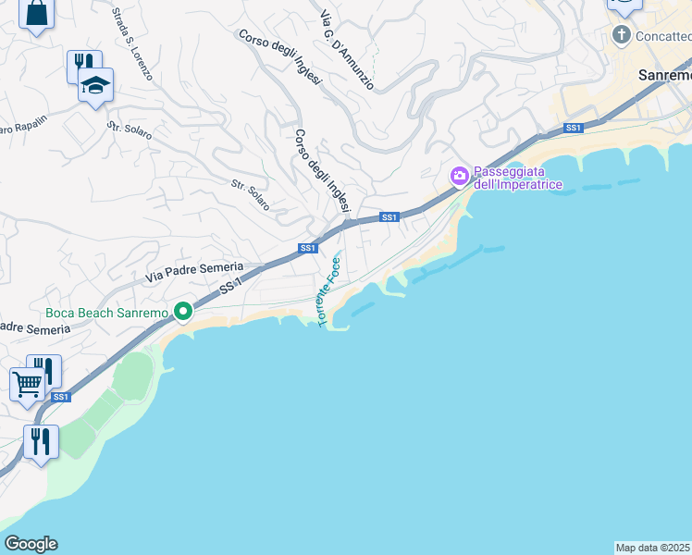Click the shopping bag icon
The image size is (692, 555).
pos(36,13)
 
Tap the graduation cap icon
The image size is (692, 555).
pos(94,85)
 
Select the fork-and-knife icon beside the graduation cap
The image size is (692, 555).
pos(82,65)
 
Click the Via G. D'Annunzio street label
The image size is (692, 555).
pos(347,50)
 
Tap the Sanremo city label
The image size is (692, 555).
pos(664,75)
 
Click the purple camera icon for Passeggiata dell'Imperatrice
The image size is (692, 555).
pos(459,175)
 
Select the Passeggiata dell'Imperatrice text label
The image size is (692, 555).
pos(510,178)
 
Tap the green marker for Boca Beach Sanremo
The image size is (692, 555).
pos(183,313)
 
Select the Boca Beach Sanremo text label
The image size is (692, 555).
pos(107,313)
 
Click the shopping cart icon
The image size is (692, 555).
pos(27,383)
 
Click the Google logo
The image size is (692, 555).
pos(31,544)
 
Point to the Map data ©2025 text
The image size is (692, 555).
pos(653,548)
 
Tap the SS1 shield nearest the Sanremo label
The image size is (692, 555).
pos(573,128)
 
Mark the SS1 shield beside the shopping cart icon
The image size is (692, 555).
pos(61,397)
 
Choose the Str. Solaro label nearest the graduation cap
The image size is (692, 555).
pos(130,129)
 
